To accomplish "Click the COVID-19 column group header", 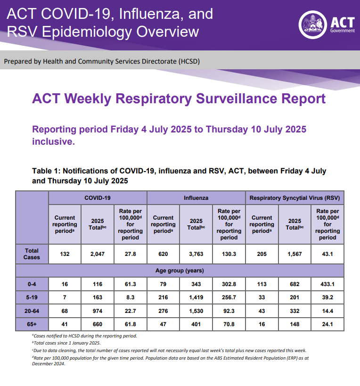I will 98,198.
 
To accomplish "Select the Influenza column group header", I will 196,198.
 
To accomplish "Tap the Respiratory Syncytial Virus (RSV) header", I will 295,198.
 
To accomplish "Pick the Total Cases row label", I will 32,254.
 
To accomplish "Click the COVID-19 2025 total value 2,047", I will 98,254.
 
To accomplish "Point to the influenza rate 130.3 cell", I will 229,254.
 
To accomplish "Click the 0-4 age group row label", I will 32,284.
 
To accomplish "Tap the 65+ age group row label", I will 32,324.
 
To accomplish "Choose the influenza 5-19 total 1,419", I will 196,298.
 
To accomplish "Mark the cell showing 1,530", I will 196,311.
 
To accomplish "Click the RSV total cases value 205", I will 262,254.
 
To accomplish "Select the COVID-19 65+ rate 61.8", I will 131,324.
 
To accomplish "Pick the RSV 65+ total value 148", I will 295,324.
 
